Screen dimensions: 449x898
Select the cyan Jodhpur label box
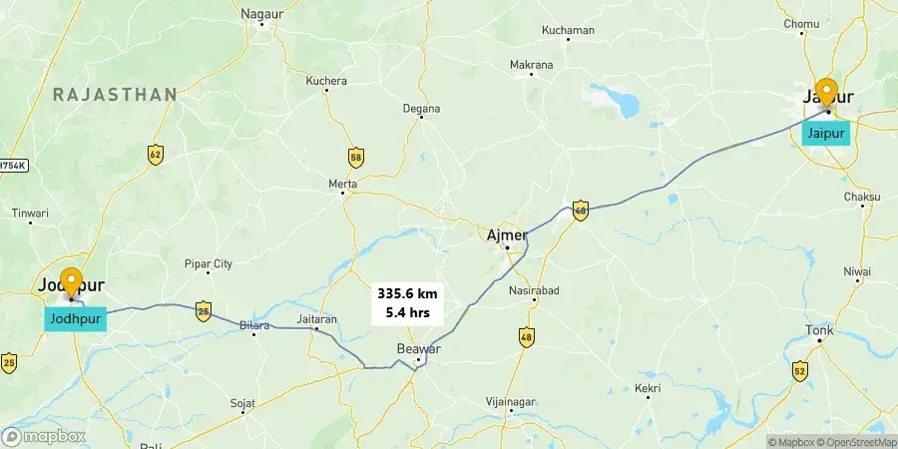coord(74,319)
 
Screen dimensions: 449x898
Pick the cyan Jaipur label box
coord(826,133)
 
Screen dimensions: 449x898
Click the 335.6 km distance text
coord(407,293)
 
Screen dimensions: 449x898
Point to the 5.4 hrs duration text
coord(407,312)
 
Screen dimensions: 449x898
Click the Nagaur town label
coord(261,14)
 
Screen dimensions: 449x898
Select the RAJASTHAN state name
coord(115,94)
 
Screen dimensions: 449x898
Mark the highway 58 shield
coord(356,157)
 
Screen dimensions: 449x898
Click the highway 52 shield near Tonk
coord(799,371)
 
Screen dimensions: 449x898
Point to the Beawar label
coord(418,348)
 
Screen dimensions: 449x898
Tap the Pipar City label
coord(208,264)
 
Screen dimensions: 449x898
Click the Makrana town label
coord(531,65)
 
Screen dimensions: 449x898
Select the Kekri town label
coord(648,387)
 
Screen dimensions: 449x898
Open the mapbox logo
coord(45,436)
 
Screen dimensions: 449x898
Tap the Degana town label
coord(421,108)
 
